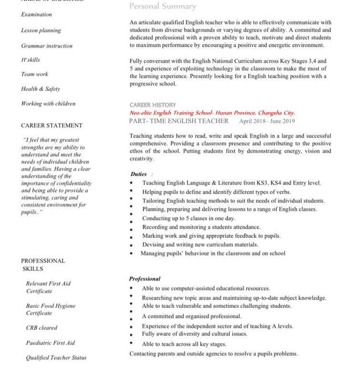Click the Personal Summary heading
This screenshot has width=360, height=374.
click(162, 6)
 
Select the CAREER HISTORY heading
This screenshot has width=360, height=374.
click(152, 105)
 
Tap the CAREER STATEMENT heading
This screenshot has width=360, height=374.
click(51, 126)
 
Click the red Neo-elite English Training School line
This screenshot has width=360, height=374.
click(212, 113)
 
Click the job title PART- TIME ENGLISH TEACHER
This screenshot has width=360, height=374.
click(179, 121)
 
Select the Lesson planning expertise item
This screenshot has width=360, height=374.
click(41, 30)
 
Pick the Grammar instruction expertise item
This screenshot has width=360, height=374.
click(47, 46)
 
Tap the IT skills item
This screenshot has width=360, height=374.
click(30, 60)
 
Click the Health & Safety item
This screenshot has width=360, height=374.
click(40, 89)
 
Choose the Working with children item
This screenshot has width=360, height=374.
click(48, 104)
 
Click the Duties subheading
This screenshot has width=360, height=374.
click(139, 174)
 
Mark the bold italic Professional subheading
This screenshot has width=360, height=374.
click(145, 279)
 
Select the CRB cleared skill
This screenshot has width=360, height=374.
click(41, 328)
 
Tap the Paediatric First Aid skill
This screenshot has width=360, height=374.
click(50, 343)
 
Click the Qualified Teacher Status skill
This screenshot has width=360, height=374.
click(56, 358)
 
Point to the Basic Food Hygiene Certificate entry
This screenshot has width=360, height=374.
click(50, 309)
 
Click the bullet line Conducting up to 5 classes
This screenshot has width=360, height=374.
click(189, 218)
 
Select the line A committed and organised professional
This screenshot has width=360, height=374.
click(191, 316)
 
